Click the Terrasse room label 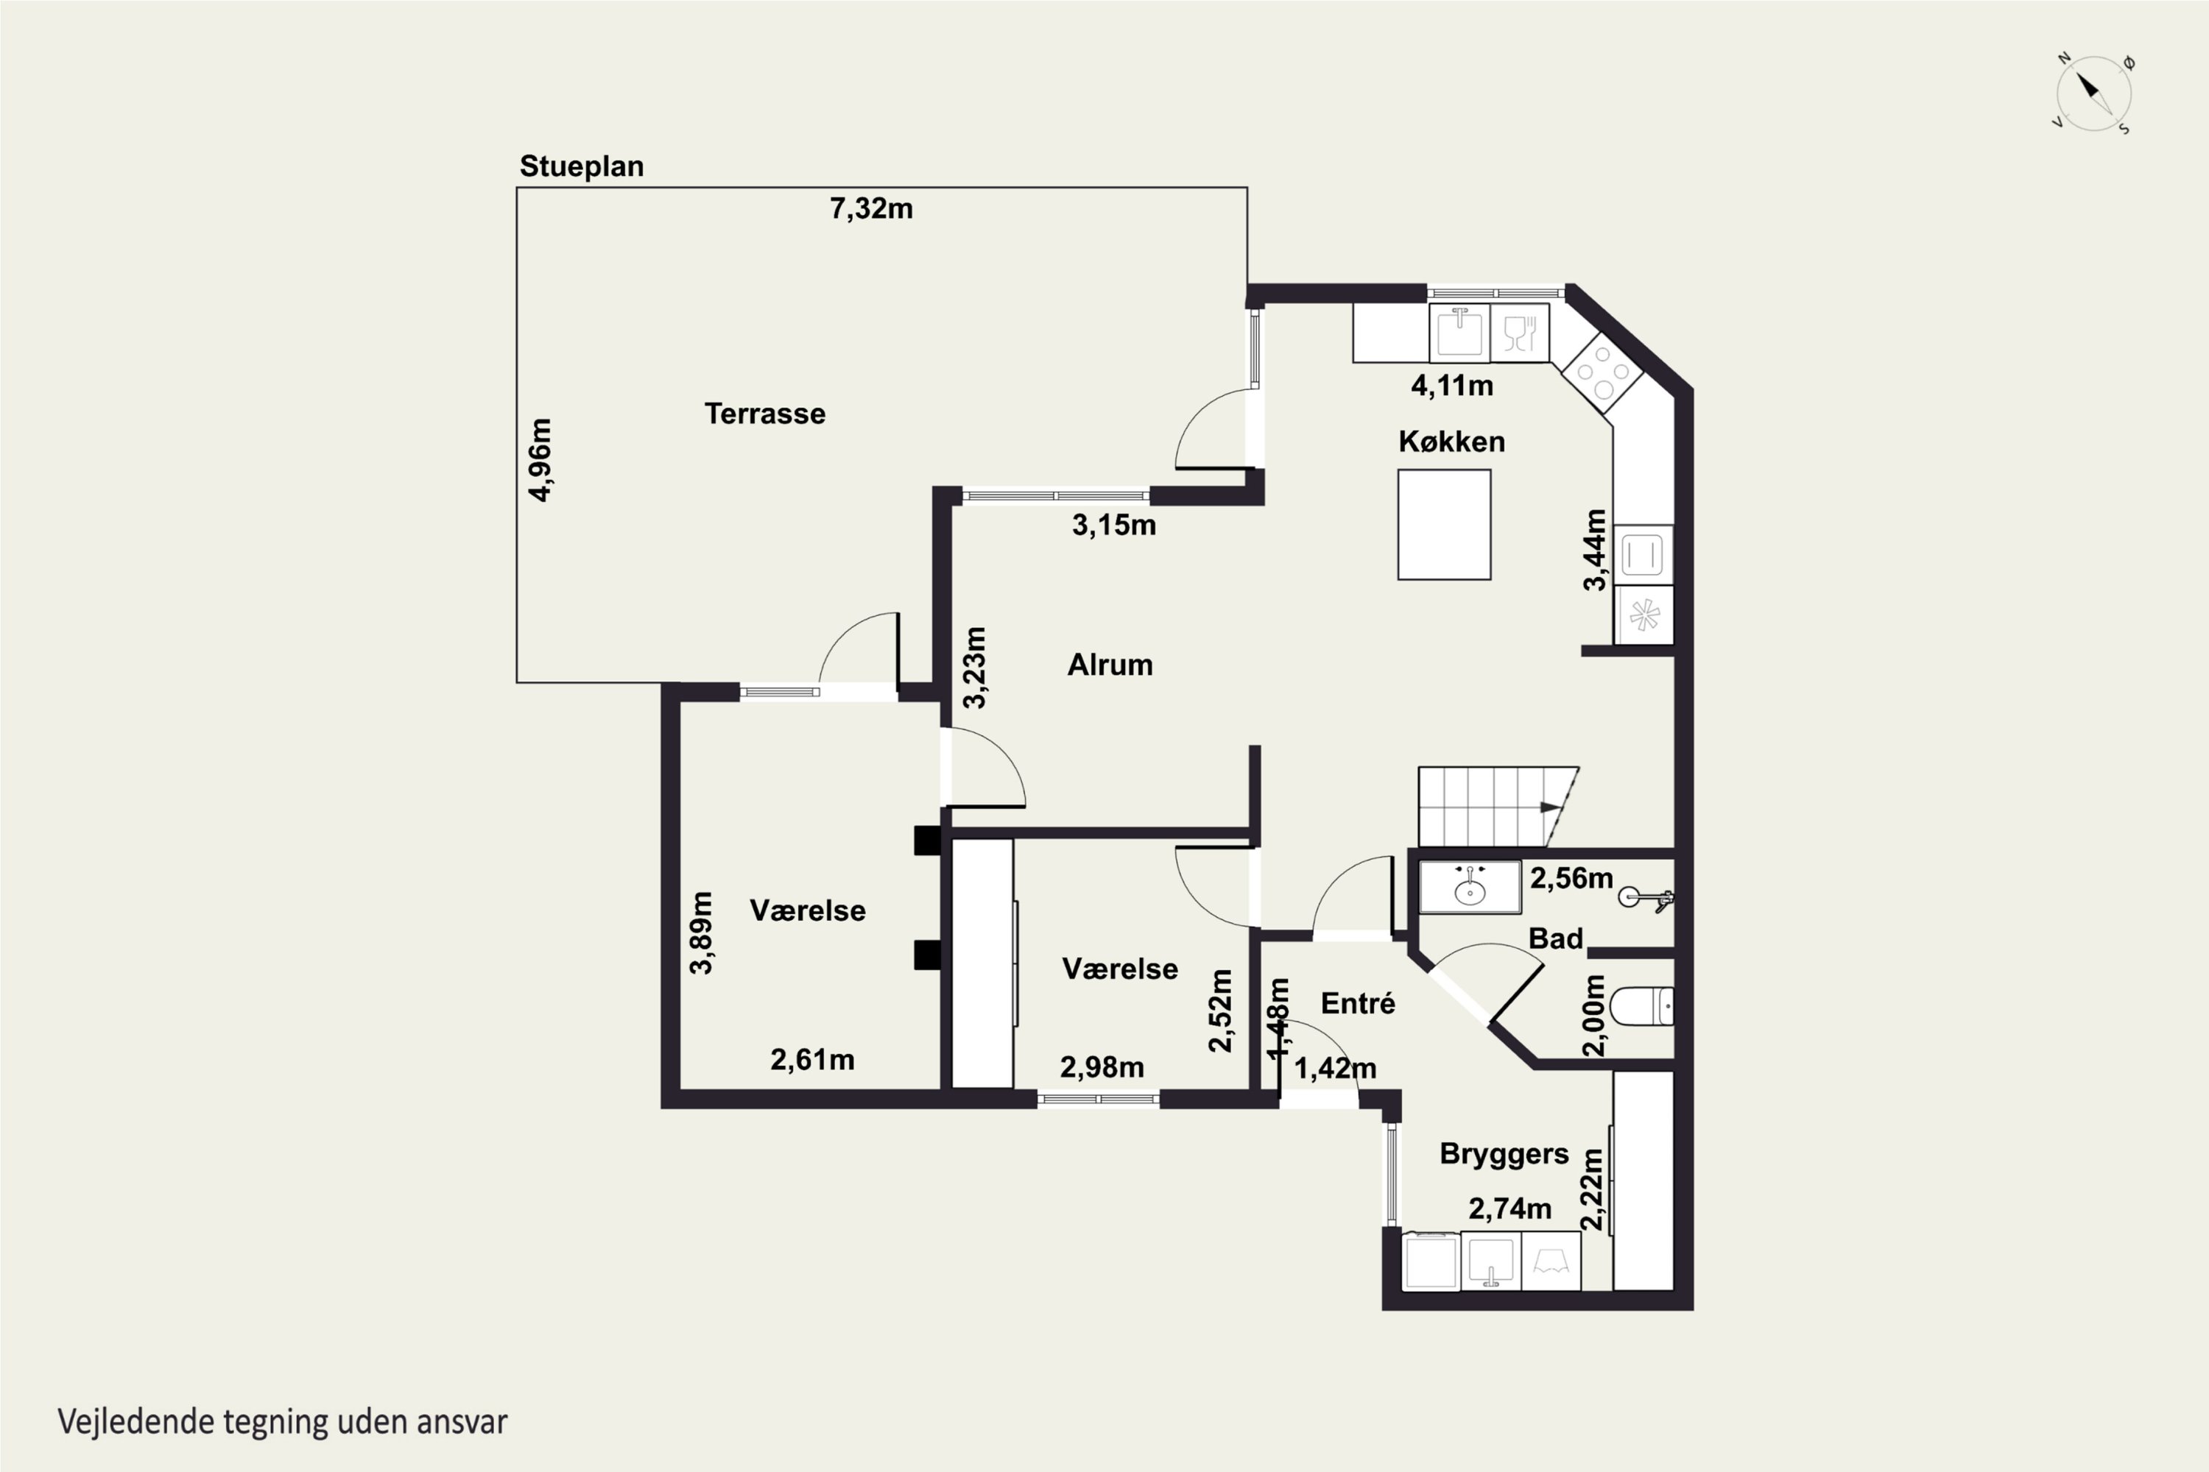(764, 414)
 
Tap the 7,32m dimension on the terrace (870, 208)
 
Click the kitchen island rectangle (1443, 525)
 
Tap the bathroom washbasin (1470, 887)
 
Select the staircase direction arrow (1550, 807)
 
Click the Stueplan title (582, 166)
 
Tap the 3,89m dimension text (701, 933)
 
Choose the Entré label (1357, 1004)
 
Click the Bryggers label (1504, 1155)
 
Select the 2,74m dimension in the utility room (1509, 1209)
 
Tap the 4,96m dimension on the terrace (540, 460)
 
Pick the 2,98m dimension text (1102, 1067)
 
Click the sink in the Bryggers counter (1490, 1262)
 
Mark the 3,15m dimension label (1114, 525)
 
